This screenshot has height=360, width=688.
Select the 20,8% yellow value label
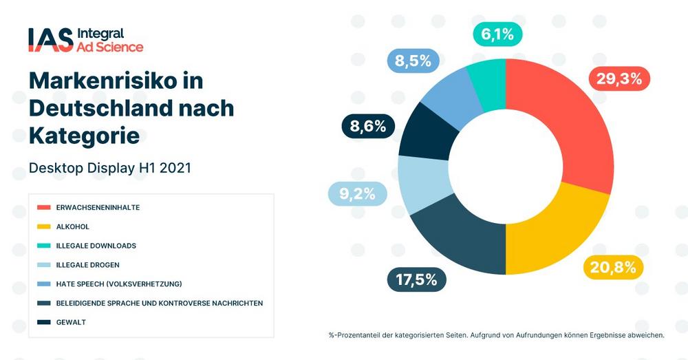click(x=613, y=266)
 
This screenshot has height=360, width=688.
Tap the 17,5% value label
click(x=417, y=279)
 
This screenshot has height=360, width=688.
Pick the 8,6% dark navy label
click(x=368, y=126)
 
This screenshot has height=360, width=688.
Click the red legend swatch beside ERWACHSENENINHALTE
click(x=44, y=207)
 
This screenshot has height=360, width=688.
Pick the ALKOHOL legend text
click(x=74, y=226)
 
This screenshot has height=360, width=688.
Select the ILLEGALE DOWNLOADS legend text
click(x=97, y=246)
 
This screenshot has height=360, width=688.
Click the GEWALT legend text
click(x=72, y=322)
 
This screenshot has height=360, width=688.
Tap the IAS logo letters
click(x=50, y=40)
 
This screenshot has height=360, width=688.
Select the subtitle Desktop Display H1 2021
click(x=109, y=167)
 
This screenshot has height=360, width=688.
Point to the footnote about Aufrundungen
click(x=496, y=335)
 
